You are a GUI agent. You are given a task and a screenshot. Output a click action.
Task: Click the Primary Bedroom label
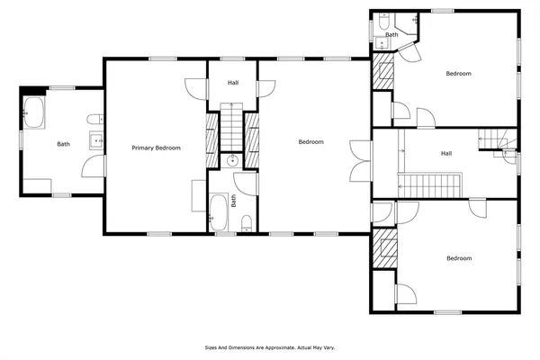(x=156, y=148)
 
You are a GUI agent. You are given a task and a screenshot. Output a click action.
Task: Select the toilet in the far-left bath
(x=94, y=121)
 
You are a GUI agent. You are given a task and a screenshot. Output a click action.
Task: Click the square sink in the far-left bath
(x=94, y=140)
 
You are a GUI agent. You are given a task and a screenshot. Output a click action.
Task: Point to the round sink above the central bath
(x=232, y=162)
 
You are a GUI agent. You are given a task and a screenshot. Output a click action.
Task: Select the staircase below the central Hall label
(x=232, y=126)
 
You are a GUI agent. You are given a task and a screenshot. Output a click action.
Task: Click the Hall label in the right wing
(x=445, y=154)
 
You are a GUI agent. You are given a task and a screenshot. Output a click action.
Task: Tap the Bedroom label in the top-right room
(x=458, y=74)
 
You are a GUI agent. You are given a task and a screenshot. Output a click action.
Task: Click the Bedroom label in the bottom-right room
(x=458, y=259)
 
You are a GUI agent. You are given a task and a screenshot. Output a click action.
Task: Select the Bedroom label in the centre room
(x=310, y=142)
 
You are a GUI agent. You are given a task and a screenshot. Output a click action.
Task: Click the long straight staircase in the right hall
(x=430, y=186)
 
